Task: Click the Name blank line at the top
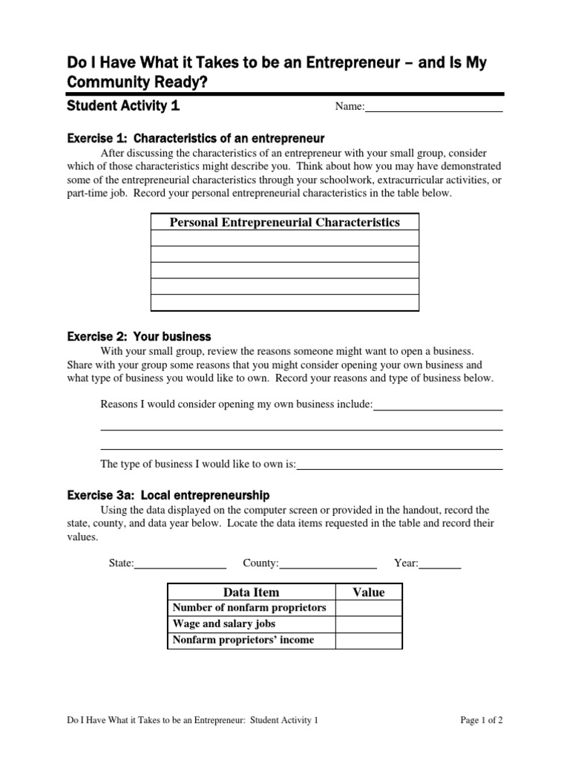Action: click(x=434, y=108)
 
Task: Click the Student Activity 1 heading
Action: click(x=123, y=105)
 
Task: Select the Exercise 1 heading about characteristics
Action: click(x=196, y=138)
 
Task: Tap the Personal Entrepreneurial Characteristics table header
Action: click(x=285, y=222)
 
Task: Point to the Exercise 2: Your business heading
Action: click(x=140, y=336)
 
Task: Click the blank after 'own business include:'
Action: click(x=438, y=405)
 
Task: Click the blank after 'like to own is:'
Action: click(x=399, y=465)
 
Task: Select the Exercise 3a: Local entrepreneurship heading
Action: click(x=168, y=495)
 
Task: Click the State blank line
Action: click(x=180, y=564)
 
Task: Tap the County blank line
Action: click(x=328, y=564)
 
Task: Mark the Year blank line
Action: click(x=440, y=564)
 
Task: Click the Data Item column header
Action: click(x=252, y=592)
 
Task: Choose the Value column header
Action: click(x=369, y=592)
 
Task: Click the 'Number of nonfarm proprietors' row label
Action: click(x=249, y=608)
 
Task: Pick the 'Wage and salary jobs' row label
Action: click(x=224, y=624)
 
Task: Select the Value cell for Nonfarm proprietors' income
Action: click(x=369, y=641)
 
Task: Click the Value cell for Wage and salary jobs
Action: click(x=369, y=624)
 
